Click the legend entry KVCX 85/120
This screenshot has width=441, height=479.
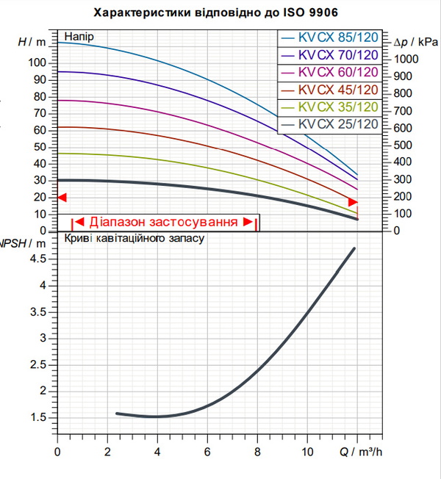(330, 38)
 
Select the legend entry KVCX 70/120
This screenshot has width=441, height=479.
(330, 55)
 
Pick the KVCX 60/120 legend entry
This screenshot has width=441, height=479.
(330, 73)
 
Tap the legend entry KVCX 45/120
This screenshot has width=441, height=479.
(330, 90)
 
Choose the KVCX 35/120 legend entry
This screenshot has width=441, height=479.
(330, 107)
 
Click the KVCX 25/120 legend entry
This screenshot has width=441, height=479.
(330, 124)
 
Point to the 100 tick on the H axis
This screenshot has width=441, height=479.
(37, 63)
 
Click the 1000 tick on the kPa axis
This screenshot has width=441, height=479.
(406, 59)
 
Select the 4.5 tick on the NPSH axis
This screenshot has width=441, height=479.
(38, 259)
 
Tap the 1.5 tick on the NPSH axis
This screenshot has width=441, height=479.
(38, 417)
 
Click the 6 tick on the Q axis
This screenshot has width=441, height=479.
(207, 452)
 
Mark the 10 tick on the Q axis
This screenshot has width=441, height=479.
(307, 452)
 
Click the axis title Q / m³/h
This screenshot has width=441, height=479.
(361, 452)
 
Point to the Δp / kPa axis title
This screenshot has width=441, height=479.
(416, 42)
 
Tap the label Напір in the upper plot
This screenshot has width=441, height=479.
(79, 37)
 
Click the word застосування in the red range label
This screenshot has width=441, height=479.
(193, 222)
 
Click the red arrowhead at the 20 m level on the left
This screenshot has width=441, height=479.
(62, 198)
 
